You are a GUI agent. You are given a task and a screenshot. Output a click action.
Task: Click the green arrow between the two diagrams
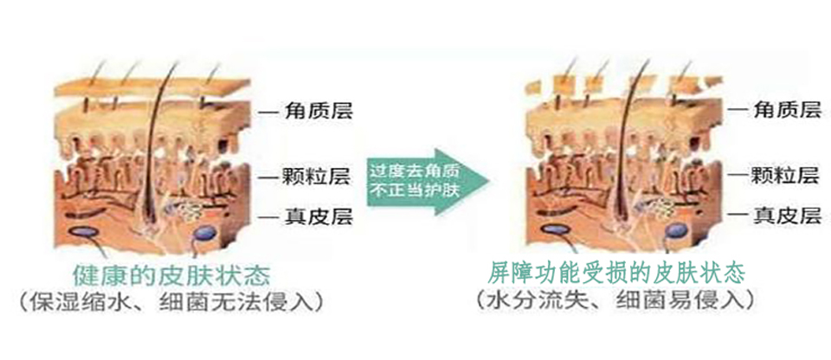pos(427,182)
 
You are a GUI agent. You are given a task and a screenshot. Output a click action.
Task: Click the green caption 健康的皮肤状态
pos(171,277)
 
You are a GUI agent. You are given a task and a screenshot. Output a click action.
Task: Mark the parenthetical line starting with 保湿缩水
pos(171,302)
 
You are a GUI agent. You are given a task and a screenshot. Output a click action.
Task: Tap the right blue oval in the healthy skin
pos(206,232)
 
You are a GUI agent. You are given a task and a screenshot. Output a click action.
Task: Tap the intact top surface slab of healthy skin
pos(152,87)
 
